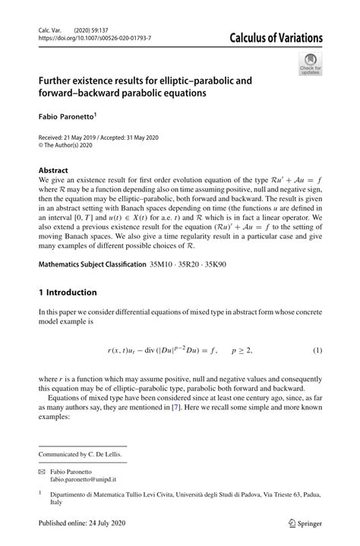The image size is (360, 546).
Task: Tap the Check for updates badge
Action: (309, 65)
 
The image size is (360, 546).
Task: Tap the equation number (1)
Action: (318, 350)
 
